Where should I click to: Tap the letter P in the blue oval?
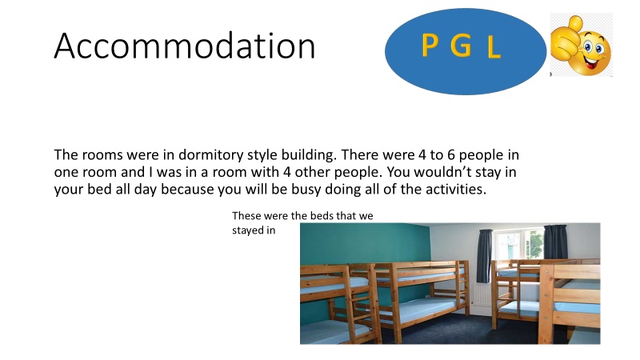click(x=431, y=47)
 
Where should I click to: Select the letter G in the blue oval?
click(x=460, y=47)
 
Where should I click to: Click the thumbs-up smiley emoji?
click(x=582, y=46)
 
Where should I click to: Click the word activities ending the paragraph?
click(x=452, y=190)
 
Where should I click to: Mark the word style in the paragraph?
click(x=267, y=154)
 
